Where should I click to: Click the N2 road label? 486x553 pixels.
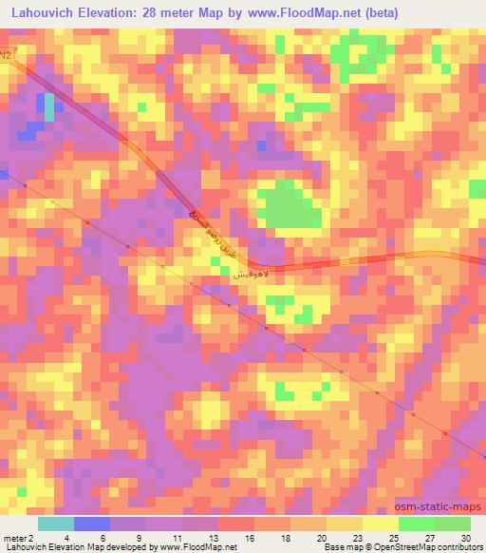[7, 56]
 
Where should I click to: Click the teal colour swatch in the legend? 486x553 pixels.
[57, 524]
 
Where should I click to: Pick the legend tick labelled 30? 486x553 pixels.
[464, 538]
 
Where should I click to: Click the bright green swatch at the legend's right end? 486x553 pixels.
[453, 524]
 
